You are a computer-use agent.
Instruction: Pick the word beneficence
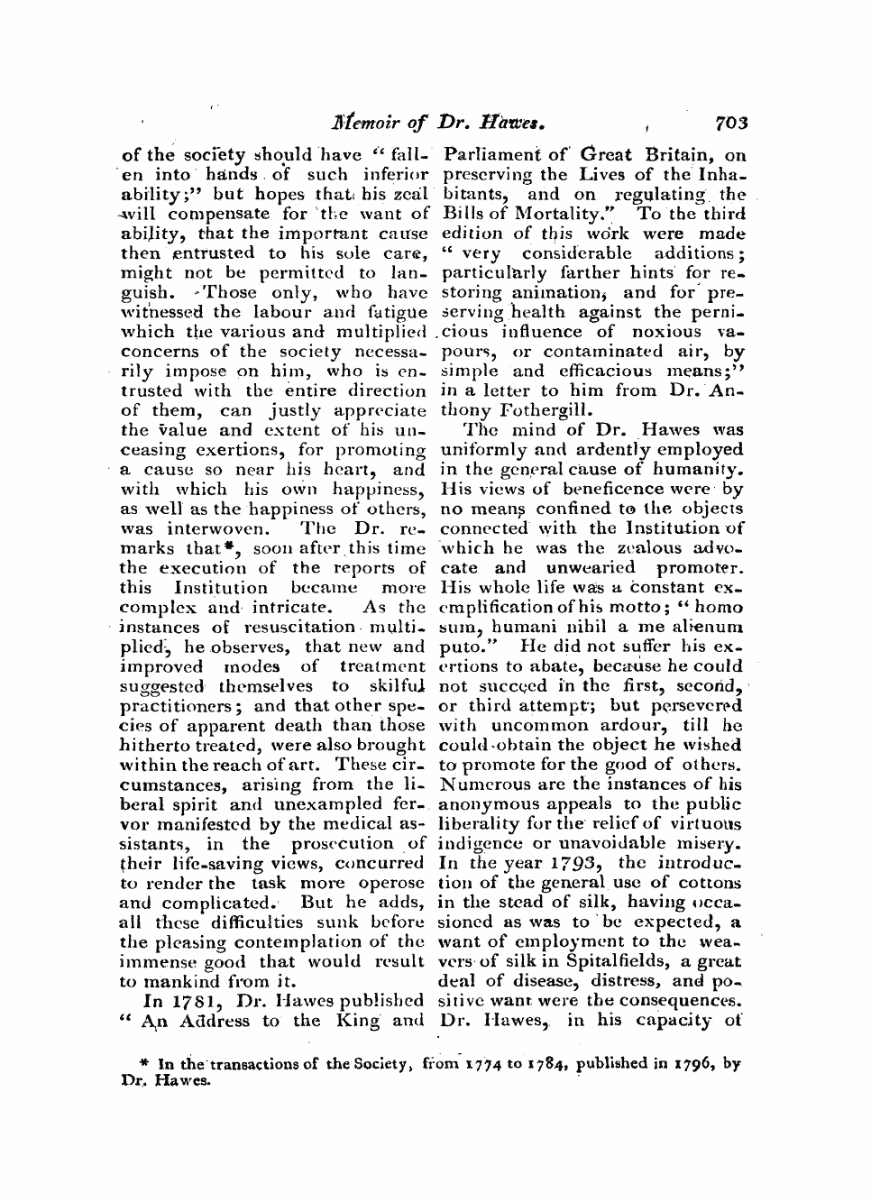[615, 489]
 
